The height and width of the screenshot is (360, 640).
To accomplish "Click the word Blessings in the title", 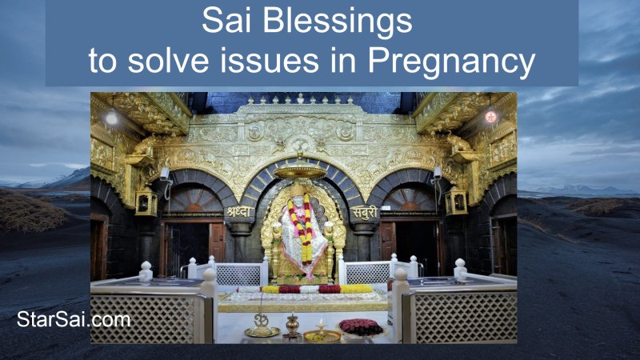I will [x=346, y=22].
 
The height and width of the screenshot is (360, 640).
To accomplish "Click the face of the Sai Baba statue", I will [x=302, y=198].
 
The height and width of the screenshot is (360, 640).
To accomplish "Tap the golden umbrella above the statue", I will [x=300, y=170].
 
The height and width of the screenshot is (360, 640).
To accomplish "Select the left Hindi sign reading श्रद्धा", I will [x=238, y=213].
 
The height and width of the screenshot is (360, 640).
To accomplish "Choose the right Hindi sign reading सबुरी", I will [x=363, y=213].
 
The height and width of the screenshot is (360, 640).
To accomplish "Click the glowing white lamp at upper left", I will [x=111, y=118].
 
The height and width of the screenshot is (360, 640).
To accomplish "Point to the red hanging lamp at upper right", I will [x=490, y=117].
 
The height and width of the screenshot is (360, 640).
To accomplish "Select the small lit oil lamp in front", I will [x=322, y=330].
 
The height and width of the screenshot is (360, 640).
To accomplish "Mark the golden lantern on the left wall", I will [x=146, y=202].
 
